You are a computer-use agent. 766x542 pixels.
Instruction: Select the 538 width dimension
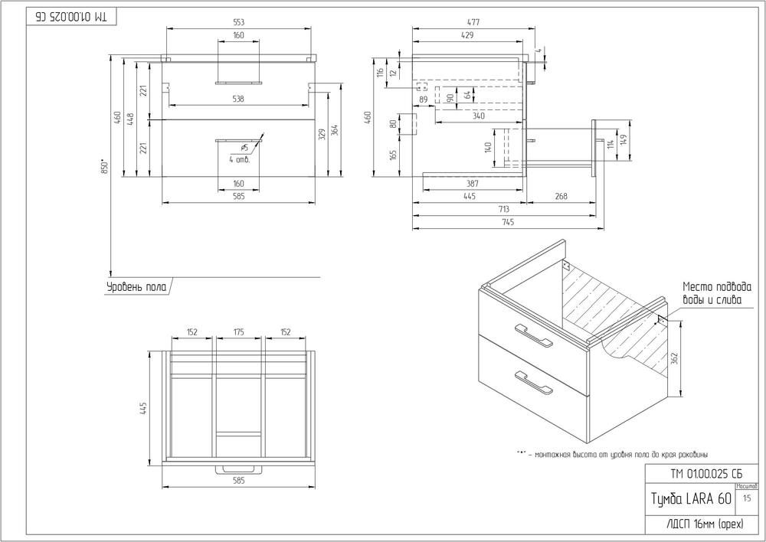(x=238, y=99)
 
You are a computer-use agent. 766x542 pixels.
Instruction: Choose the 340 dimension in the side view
(x=478, y=116)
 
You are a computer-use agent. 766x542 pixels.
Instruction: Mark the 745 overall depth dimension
(x=507, y=223)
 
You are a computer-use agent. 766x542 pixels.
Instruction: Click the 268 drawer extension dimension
(x=561, y=197)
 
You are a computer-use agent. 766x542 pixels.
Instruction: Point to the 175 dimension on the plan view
(x=238, y=332)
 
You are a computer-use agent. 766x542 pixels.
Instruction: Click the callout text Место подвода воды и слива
(x=712, y=294)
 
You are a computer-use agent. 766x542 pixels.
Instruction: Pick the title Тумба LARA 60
(x=691, y=499)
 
